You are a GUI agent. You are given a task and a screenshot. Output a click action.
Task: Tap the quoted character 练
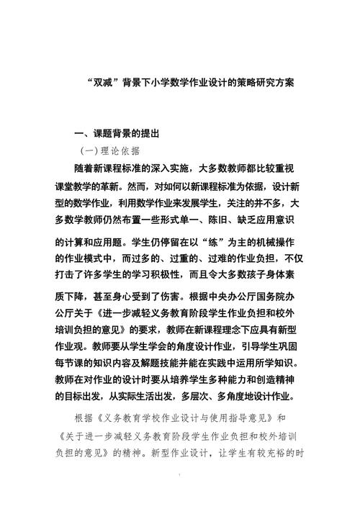213,242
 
